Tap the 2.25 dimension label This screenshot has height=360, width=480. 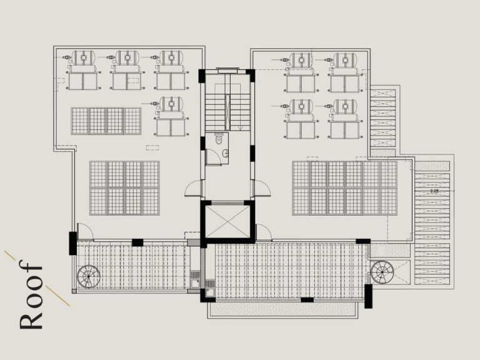434,189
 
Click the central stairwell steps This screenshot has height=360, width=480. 227,111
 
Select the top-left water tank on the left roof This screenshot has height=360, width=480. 81,58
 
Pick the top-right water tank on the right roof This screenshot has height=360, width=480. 344,60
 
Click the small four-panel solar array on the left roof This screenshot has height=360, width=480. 106,121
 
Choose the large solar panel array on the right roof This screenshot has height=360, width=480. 344,188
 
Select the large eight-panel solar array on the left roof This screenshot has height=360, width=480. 124,188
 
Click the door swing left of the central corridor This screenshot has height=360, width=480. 194,188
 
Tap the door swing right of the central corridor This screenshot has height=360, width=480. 261,188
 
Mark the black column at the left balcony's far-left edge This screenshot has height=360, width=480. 72,242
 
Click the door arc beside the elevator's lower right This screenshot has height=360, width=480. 263,233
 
